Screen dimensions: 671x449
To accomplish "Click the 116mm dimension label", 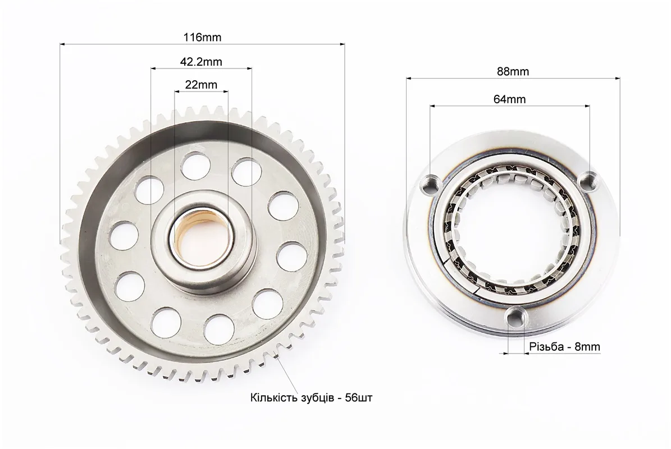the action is (x=202, y=37).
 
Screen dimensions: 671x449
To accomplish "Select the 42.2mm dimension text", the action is (x=201, y=62).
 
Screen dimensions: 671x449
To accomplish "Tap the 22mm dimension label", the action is (x=201, y=85).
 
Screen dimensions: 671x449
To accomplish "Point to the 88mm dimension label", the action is (x=513, y=71).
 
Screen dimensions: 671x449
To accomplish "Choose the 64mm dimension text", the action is (x=510, y=99).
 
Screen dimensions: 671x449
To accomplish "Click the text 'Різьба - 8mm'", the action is (x=565, y=347).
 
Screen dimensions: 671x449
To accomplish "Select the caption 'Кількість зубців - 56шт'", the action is (x=312, y=398).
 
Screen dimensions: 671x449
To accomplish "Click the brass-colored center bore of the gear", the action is (x=201, y=241).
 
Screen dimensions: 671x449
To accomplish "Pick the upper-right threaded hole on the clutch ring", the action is (x=589, y=181).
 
